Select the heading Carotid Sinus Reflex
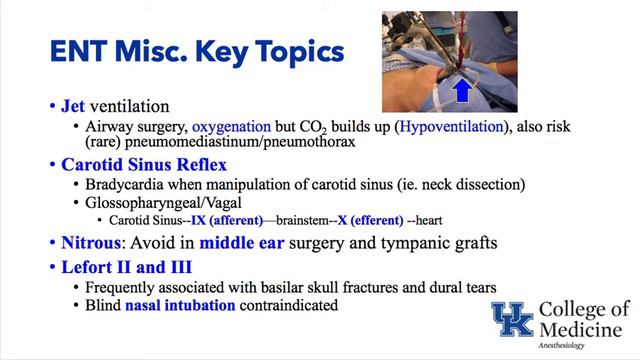coord(133,164)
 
